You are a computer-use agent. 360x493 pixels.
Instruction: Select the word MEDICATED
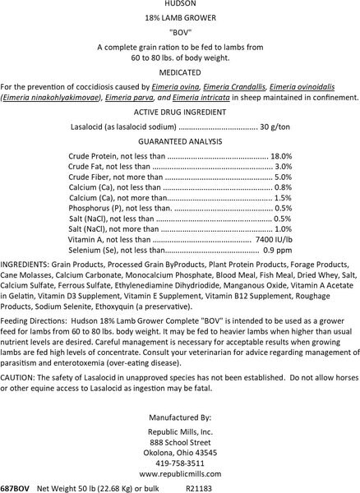pyautogui.click(x=180, y=71)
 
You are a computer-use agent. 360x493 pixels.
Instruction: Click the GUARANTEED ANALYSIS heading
pyautogui.click(x=180, y=141)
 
